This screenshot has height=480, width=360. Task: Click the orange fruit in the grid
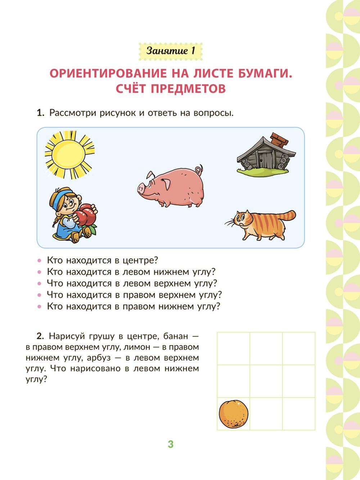coord(234,414)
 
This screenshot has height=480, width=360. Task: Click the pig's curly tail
coord(199,170)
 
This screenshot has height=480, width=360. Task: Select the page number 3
coord(171,444)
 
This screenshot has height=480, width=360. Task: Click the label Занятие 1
coord(171,51)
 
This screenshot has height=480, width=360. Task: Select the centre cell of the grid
coord(266,381)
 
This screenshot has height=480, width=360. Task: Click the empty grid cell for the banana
coord(299,348)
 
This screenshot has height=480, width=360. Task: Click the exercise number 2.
coord(40,336)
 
